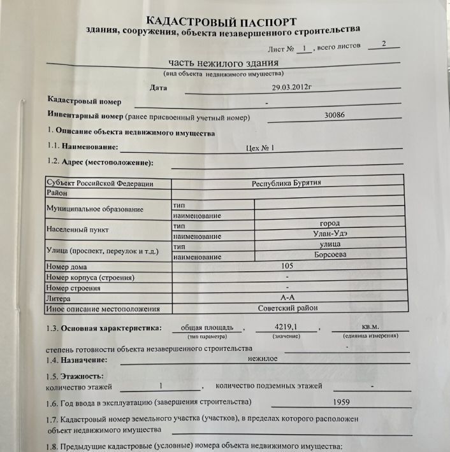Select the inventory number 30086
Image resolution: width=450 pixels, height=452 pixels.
334,116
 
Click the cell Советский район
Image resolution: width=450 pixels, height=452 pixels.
287,307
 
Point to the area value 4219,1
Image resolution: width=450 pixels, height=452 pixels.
286,327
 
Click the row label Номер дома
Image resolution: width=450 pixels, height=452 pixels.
67,267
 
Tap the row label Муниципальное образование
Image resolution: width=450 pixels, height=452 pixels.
95,209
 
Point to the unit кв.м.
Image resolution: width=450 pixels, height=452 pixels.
370,327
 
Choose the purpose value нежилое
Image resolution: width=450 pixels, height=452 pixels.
263,358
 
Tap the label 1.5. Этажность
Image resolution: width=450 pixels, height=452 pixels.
75,376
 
